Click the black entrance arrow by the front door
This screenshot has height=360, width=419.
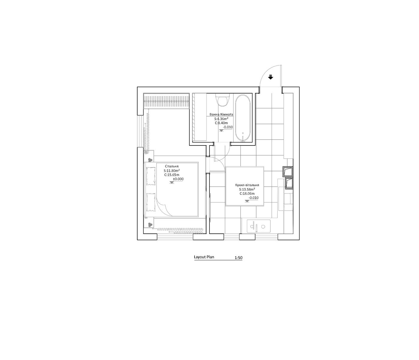click(271, 77)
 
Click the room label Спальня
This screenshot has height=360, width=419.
click(172, 166)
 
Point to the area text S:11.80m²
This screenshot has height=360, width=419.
click(172, 170)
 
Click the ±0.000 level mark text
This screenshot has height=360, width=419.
click(178, 179)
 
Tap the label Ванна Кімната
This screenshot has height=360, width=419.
click(221, 114)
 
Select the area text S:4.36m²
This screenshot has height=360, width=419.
click(221, 119)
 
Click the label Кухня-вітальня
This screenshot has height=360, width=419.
click(247, 185)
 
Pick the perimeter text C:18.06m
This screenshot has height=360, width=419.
click(247, 193)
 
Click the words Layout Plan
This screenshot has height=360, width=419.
click(204, 257)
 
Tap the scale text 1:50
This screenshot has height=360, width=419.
click(239, 258)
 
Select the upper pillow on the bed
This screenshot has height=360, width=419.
click(151, 176)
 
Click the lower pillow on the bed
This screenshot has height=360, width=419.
click(151, 202)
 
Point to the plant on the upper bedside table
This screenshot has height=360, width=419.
click(150, 160)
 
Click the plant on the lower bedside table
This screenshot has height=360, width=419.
click(150, 225)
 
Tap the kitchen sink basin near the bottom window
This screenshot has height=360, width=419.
click(259, 226)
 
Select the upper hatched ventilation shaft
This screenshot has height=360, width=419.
click(288, 171)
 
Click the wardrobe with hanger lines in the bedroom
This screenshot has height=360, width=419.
click(166, 101)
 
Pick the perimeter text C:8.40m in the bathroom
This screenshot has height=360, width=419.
click(221, 123)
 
